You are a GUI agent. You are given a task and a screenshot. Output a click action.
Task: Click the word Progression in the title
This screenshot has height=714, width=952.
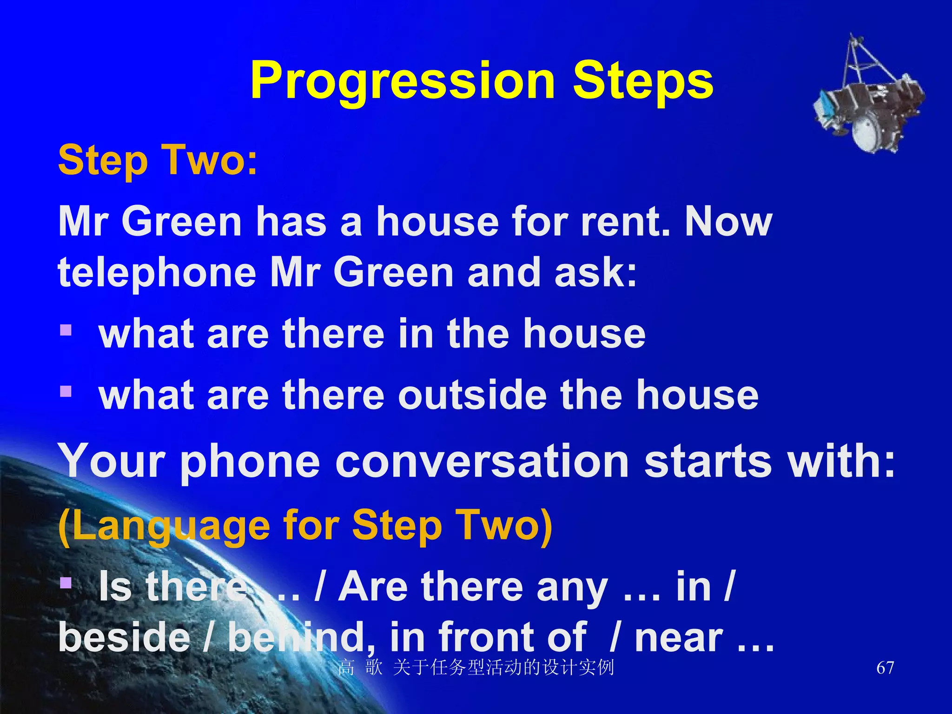[x=403, y=81]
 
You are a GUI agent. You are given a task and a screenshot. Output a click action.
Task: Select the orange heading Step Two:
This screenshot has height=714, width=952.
[x=158, y=160]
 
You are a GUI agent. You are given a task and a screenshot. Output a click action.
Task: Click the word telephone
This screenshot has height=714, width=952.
[x=157, y=273]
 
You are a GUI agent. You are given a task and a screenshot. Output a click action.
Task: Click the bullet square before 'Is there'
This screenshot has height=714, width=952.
[x=66, y=582]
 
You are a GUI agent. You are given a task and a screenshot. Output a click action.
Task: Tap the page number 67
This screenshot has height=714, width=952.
[x=885, y=668]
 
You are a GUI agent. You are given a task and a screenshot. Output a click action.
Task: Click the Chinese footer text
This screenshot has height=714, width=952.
[x=476, y=668]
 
